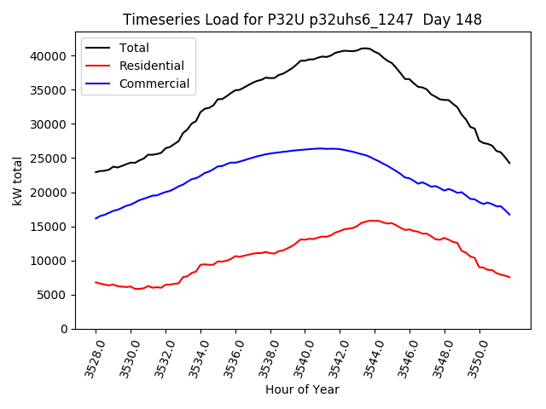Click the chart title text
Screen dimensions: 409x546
click(302, 20)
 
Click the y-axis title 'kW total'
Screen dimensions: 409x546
click(17, 181)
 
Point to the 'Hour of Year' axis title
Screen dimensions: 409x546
click(302, 389)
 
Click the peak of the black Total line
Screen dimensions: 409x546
click(365, 48)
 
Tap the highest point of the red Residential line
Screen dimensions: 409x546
click(371, 220)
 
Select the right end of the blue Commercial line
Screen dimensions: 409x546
click(509, 214)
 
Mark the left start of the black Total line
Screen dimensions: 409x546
click(96, 172)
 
